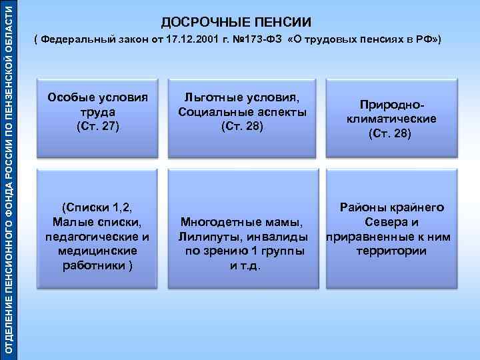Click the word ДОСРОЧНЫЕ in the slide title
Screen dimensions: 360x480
[193, 23]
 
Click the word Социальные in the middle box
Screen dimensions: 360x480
[211, 112]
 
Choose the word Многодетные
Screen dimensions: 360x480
[226, 222]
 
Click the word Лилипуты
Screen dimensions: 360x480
[205, 237]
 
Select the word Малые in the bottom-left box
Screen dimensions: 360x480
[69, 222]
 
